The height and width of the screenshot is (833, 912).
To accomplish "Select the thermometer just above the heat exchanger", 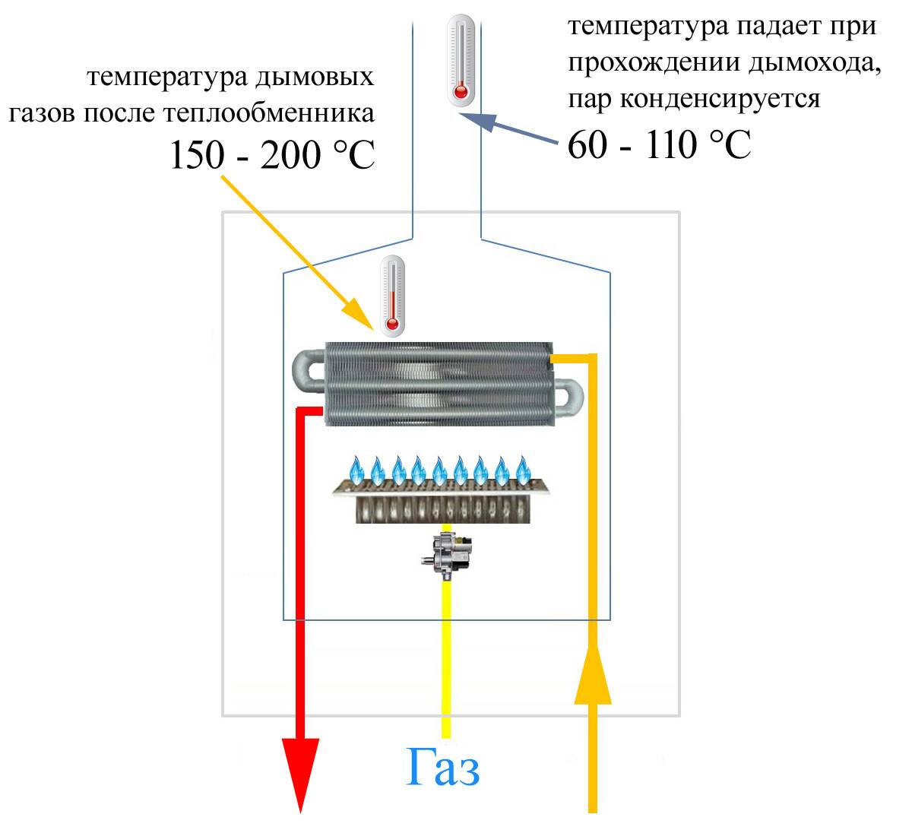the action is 392,296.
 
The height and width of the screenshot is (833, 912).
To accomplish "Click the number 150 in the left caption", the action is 198,154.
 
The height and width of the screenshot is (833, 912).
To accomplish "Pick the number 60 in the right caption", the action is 587,144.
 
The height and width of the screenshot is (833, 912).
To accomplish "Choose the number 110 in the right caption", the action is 671,144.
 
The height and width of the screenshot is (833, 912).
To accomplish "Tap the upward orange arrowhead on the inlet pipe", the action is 592,675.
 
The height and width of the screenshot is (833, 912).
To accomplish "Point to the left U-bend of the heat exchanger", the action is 309,371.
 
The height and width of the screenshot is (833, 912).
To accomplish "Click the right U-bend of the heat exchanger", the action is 568,397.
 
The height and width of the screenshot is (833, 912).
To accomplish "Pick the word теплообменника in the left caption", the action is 269,112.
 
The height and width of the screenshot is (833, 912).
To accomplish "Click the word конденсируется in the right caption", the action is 720,99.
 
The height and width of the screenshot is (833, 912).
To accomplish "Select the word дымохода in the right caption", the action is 814,62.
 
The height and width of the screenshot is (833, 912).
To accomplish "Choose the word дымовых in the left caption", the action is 314,77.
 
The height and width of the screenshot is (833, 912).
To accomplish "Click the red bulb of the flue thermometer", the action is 460,92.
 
